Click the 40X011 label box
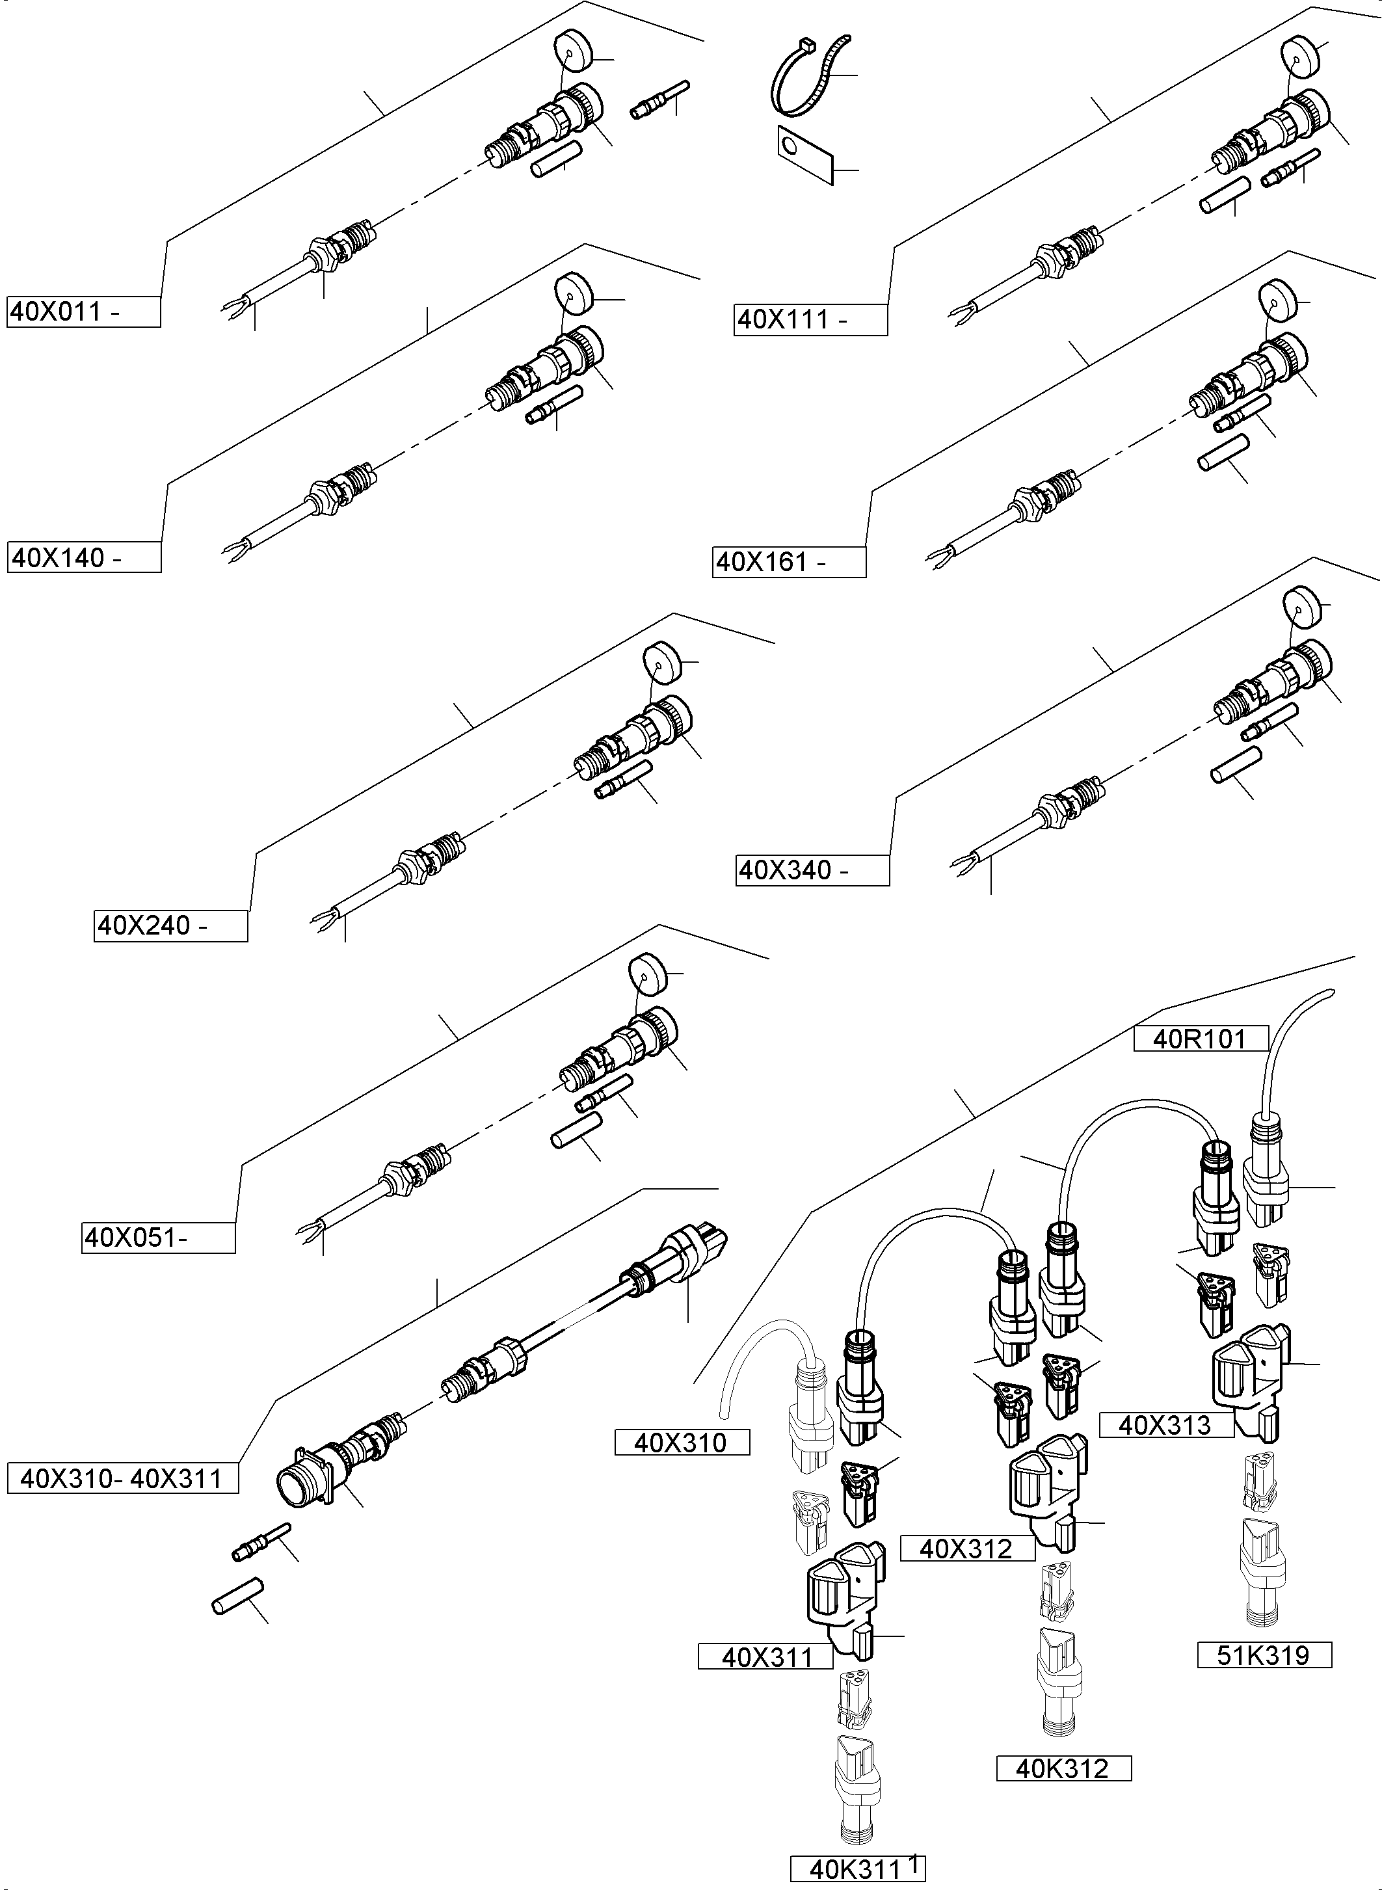83,312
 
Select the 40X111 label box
810,319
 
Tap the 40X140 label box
84,557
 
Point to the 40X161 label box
789,561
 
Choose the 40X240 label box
170,925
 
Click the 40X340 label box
812,870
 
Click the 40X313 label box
1166,1425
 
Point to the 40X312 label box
967,1549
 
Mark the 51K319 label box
1264,1654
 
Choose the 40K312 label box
1063,1768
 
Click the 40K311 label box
857,1869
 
